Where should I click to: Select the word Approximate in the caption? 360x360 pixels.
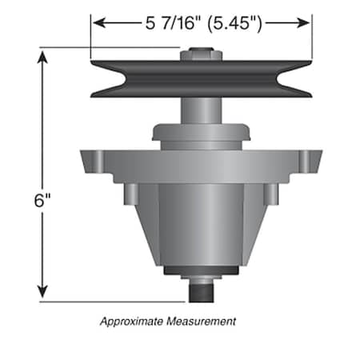(132, 322)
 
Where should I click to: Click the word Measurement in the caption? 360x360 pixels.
(202, 322)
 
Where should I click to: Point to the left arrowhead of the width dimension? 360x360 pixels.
(97, 23)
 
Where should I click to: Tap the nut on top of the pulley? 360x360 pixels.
(196, 55)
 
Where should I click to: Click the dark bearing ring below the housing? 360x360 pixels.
(200, 271)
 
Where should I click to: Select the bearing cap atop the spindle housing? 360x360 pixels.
(200, 133)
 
